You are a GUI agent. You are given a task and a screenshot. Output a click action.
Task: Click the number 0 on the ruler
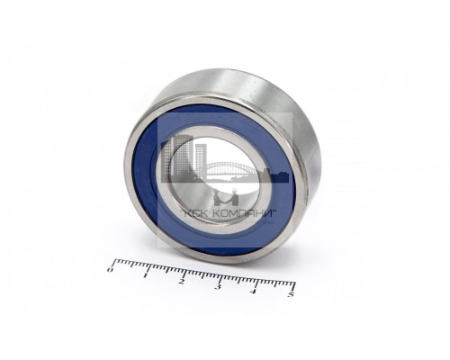(x=110, y=270)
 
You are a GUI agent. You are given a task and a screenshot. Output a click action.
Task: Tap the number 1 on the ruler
(x=146, y=275)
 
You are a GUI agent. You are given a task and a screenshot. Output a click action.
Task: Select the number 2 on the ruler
(x=181, y=282)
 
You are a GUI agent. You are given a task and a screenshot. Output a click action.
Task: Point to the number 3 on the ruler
(x=218, y=286)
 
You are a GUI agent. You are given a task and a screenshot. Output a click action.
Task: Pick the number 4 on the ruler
(x=254, y=291)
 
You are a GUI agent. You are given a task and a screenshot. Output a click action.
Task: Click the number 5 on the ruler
(x=291, y=294)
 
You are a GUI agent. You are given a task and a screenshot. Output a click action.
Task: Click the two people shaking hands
(x=226, y=198)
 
